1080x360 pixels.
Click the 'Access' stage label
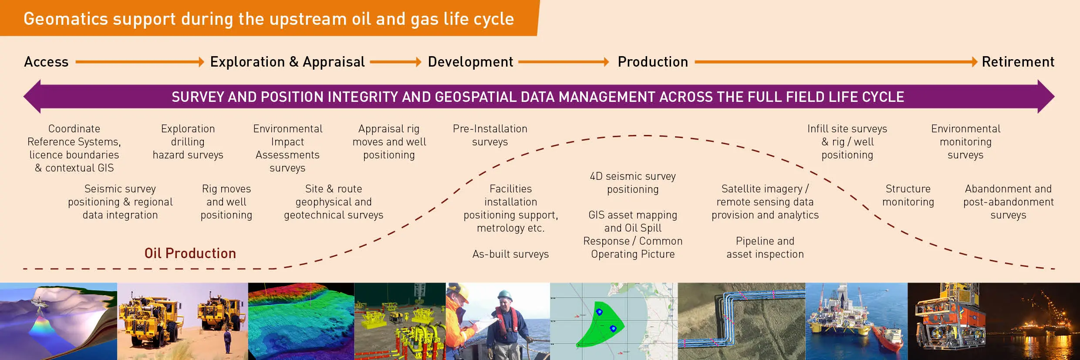(x=46, y=62)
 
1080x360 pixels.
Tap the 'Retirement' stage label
(x=1018, y=62)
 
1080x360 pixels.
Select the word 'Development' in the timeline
(x=470, y=62)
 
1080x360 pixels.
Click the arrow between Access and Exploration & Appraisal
(x=139, y=62)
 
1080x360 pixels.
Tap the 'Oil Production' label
(x=190, y=253)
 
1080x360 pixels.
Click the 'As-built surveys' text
(x=510, y=254)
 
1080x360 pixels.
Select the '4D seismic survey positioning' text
(x=633, y=183)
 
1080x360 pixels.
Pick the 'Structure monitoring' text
(x=908, y=195)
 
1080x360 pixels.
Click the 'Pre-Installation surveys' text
(x=490, y=135)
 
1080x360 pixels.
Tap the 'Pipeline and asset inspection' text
(x=765, y=248)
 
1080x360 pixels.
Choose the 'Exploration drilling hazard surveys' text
(x=188, y=142)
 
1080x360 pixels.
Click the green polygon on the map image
(x=599, y=324)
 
